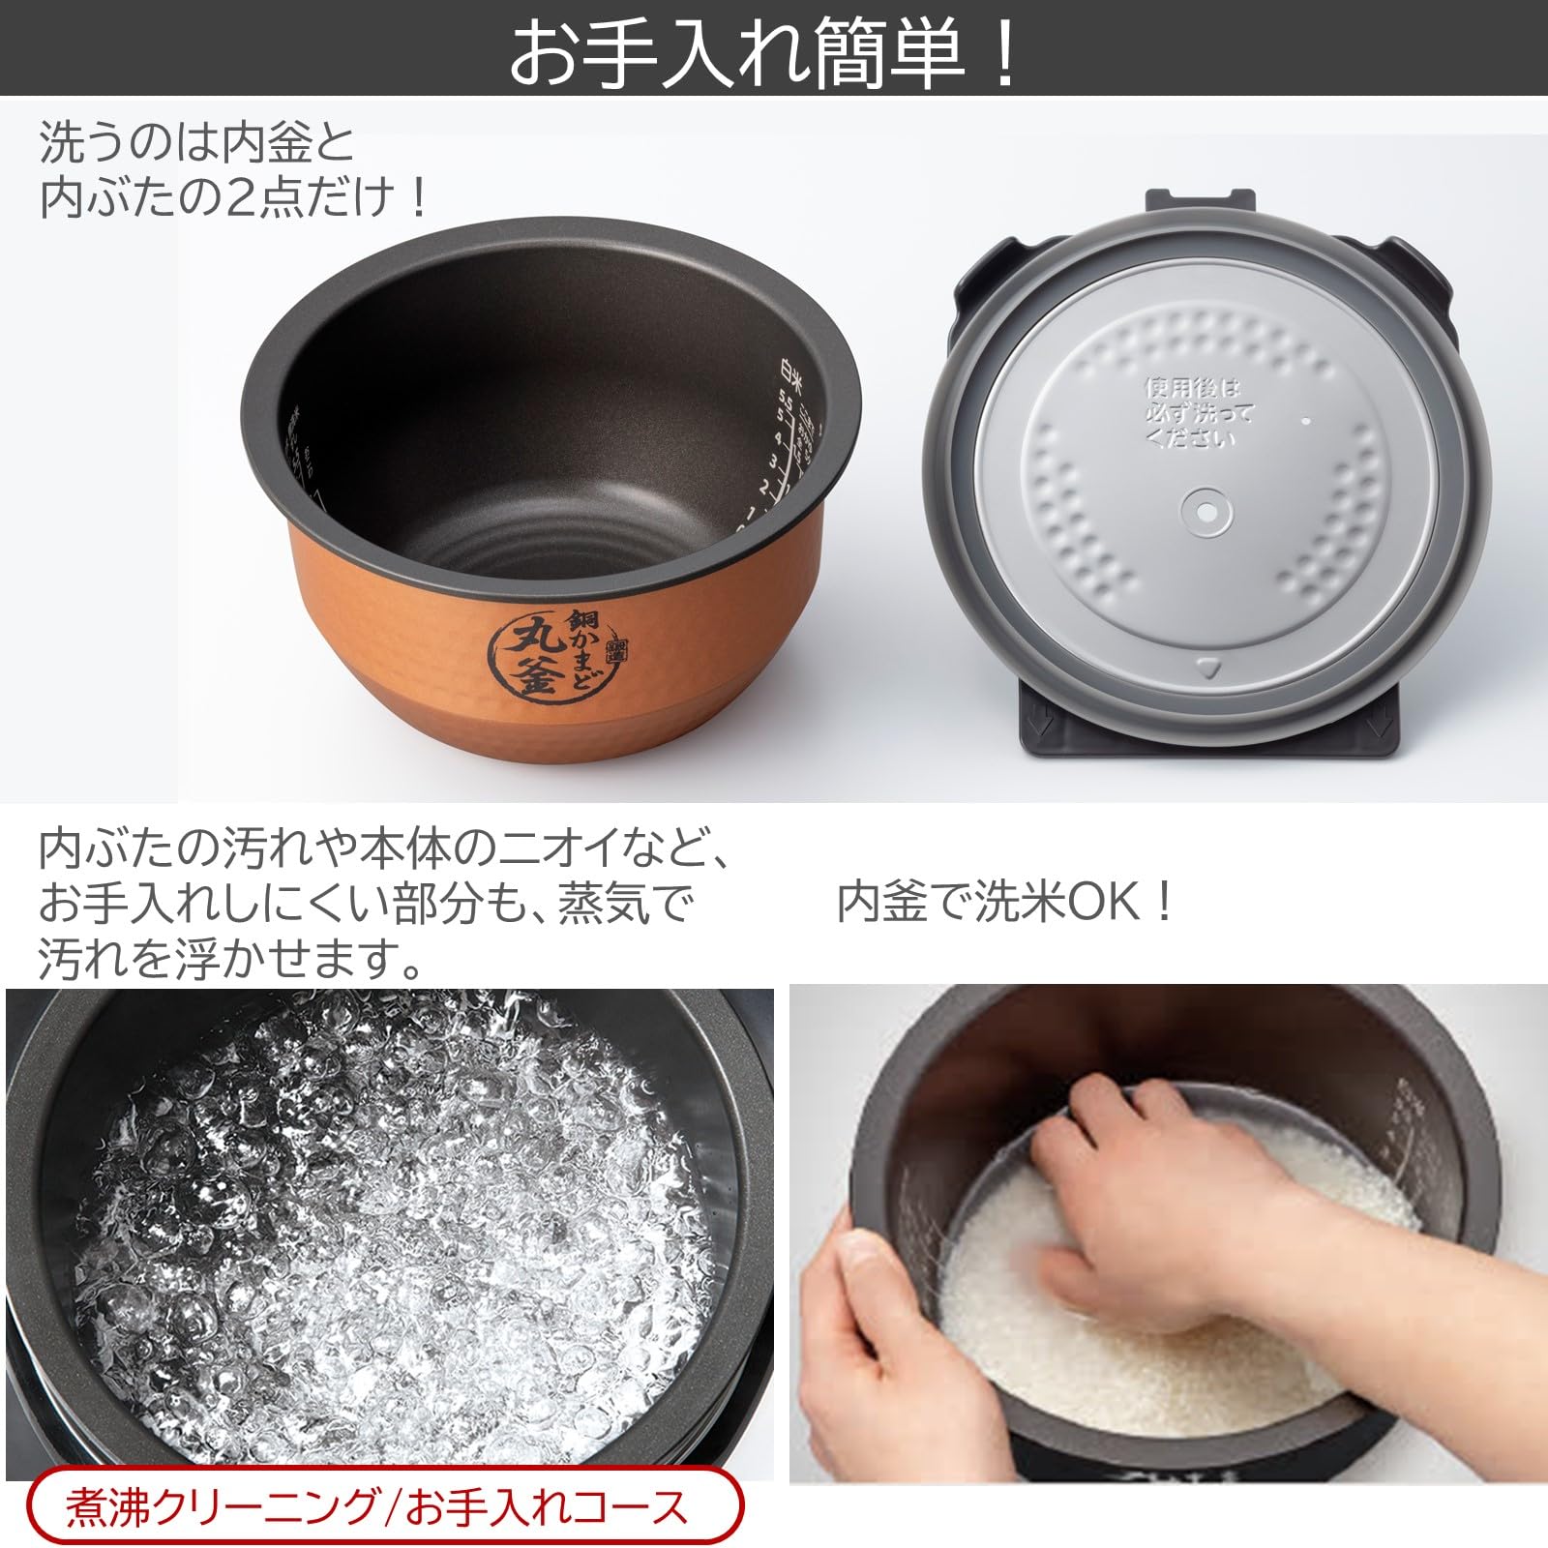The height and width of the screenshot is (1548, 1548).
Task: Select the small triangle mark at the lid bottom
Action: click(1206, 667)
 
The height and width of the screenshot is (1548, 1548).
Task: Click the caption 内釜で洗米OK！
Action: click(1006, 903)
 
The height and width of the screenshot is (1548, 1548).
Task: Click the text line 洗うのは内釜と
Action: click(197, 143)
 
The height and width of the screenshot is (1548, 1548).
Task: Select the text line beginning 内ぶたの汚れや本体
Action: click(383, 848)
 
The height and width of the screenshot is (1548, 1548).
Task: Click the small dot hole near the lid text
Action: click(1304, 422)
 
